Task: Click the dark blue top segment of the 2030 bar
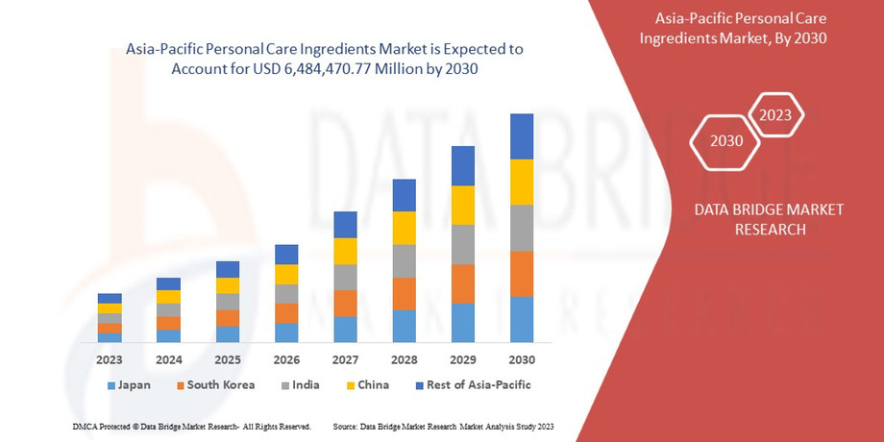[x=522, y=136]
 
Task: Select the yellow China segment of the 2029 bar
[x=463, y=205]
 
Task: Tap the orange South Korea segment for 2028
[x=405, y=294]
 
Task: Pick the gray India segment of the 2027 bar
[x=345, y=277]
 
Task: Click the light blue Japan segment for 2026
[x=286, y=332]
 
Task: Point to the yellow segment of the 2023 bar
[x=110, y=308]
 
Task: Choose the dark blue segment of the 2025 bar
[x=228, y=269]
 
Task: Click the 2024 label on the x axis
[x=168, y=359]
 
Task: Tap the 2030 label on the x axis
[x=522, y=359]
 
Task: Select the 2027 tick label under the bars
[x=345, y=359]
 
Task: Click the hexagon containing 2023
[x=775, y=116]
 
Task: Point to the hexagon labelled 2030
[x=726, y=141]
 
